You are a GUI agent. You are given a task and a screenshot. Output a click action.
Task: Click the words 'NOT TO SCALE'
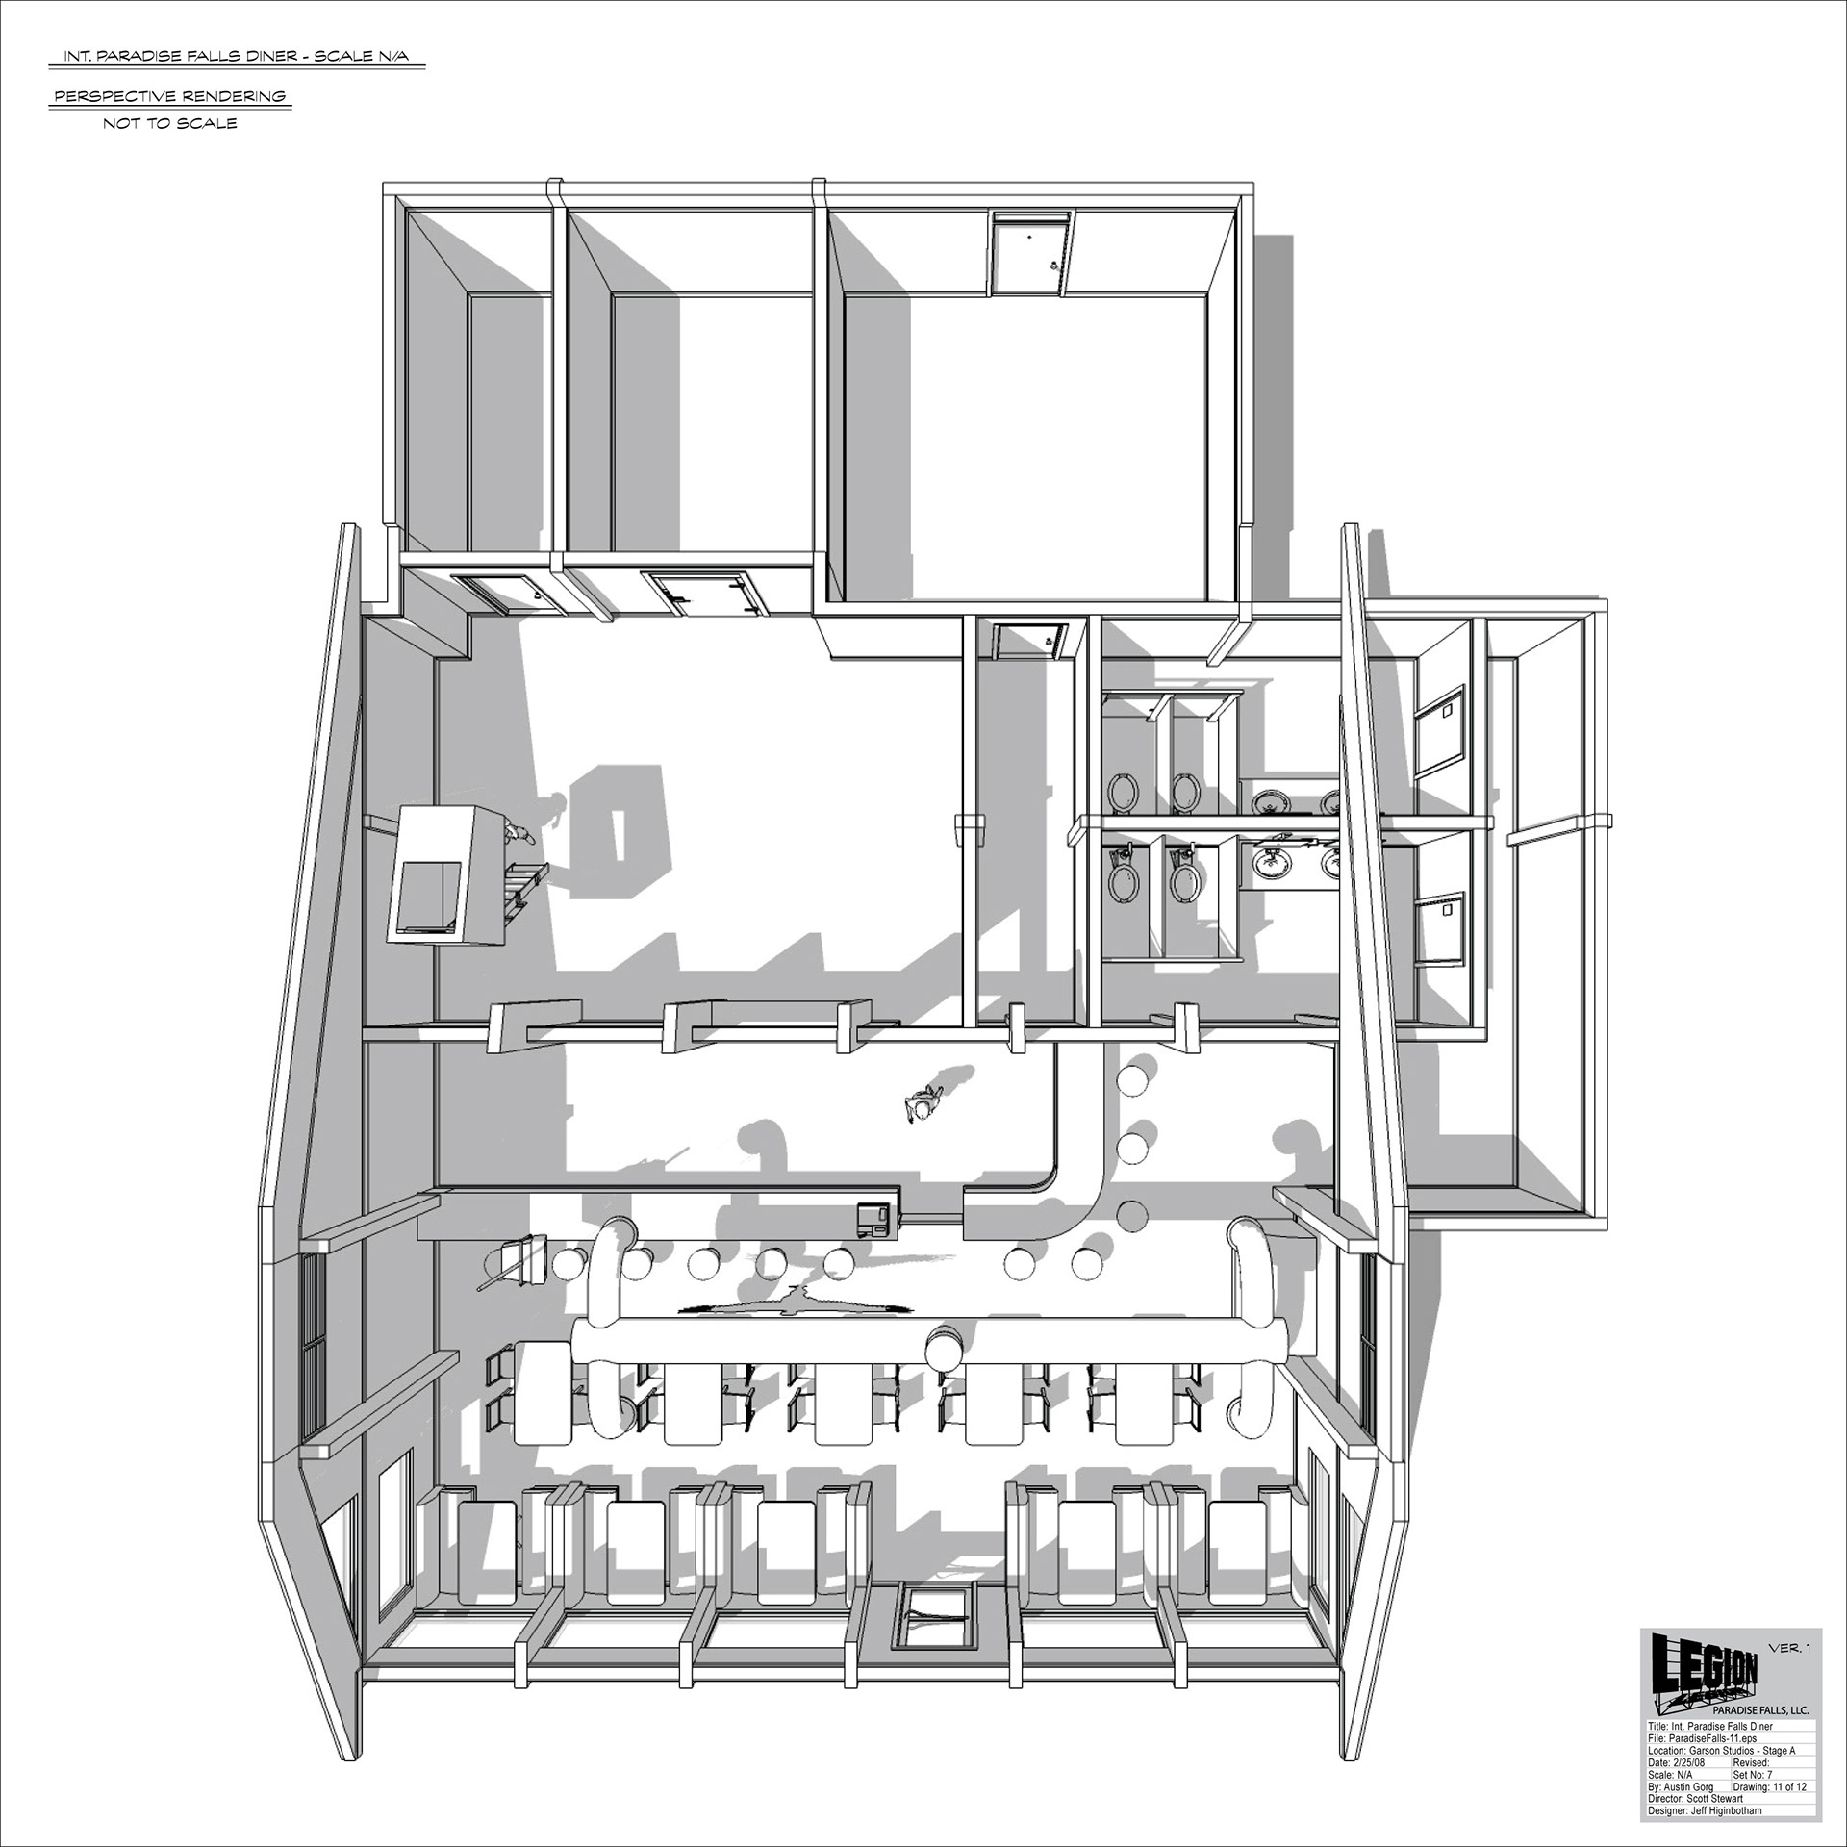click(x=170, y=124)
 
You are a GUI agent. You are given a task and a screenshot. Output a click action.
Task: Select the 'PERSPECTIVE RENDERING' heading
click(x=170, y=96)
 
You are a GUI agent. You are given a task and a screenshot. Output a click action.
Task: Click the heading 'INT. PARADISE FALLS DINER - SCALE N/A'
click(x=236, y=57)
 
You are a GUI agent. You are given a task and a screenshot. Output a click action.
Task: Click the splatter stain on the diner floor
click(x=794, y=1304)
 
